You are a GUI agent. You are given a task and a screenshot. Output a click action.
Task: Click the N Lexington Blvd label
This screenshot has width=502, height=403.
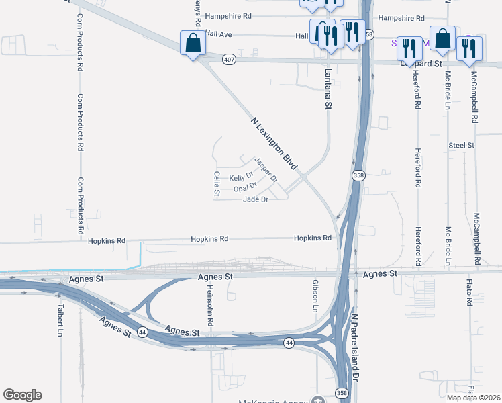pyautogui.click(x=274, y=144)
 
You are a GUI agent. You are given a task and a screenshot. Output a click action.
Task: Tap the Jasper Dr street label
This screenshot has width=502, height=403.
pyautogui.click(x=266, y=170)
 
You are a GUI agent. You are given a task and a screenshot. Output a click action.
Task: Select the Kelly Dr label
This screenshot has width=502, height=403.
pyautogui.click(x=241, y=177)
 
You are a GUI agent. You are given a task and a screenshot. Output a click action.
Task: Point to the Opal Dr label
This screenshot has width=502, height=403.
pyautogui.click(x=245, y=189)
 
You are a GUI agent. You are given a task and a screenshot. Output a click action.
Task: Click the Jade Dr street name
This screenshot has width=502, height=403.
pyautogui.click(x=256, y=199)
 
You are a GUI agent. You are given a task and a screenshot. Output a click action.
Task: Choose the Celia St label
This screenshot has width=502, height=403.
pyautogui.click(x=217, y=183)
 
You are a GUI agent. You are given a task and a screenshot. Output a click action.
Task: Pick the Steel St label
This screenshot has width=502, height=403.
pyautogui.click(x=462, y=145)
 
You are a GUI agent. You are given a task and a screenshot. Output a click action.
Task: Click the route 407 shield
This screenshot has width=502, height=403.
pyautogui.click(x=230, y=59)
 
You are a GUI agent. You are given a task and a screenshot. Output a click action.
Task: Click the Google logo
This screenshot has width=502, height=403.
pyautogui.click(x=22, y=395)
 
